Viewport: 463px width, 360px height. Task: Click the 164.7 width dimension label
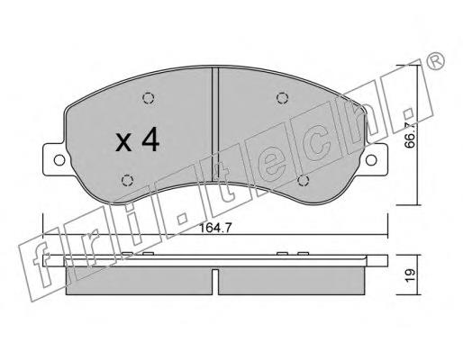click(215, 228)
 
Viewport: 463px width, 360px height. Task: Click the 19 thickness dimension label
click(411, 274)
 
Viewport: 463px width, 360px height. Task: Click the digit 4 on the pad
click(150, 139)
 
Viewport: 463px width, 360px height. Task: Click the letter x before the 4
click(123, 142)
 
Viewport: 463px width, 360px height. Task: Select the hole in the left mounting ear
click(59, 160)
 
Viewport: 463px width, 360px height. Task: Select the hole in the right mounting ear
click(371, 160)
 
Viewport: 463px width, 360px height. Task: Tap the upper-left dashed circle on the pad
click(149, 98)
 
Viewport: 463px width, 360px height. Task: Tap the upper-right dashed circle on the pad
click(282, 98)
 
